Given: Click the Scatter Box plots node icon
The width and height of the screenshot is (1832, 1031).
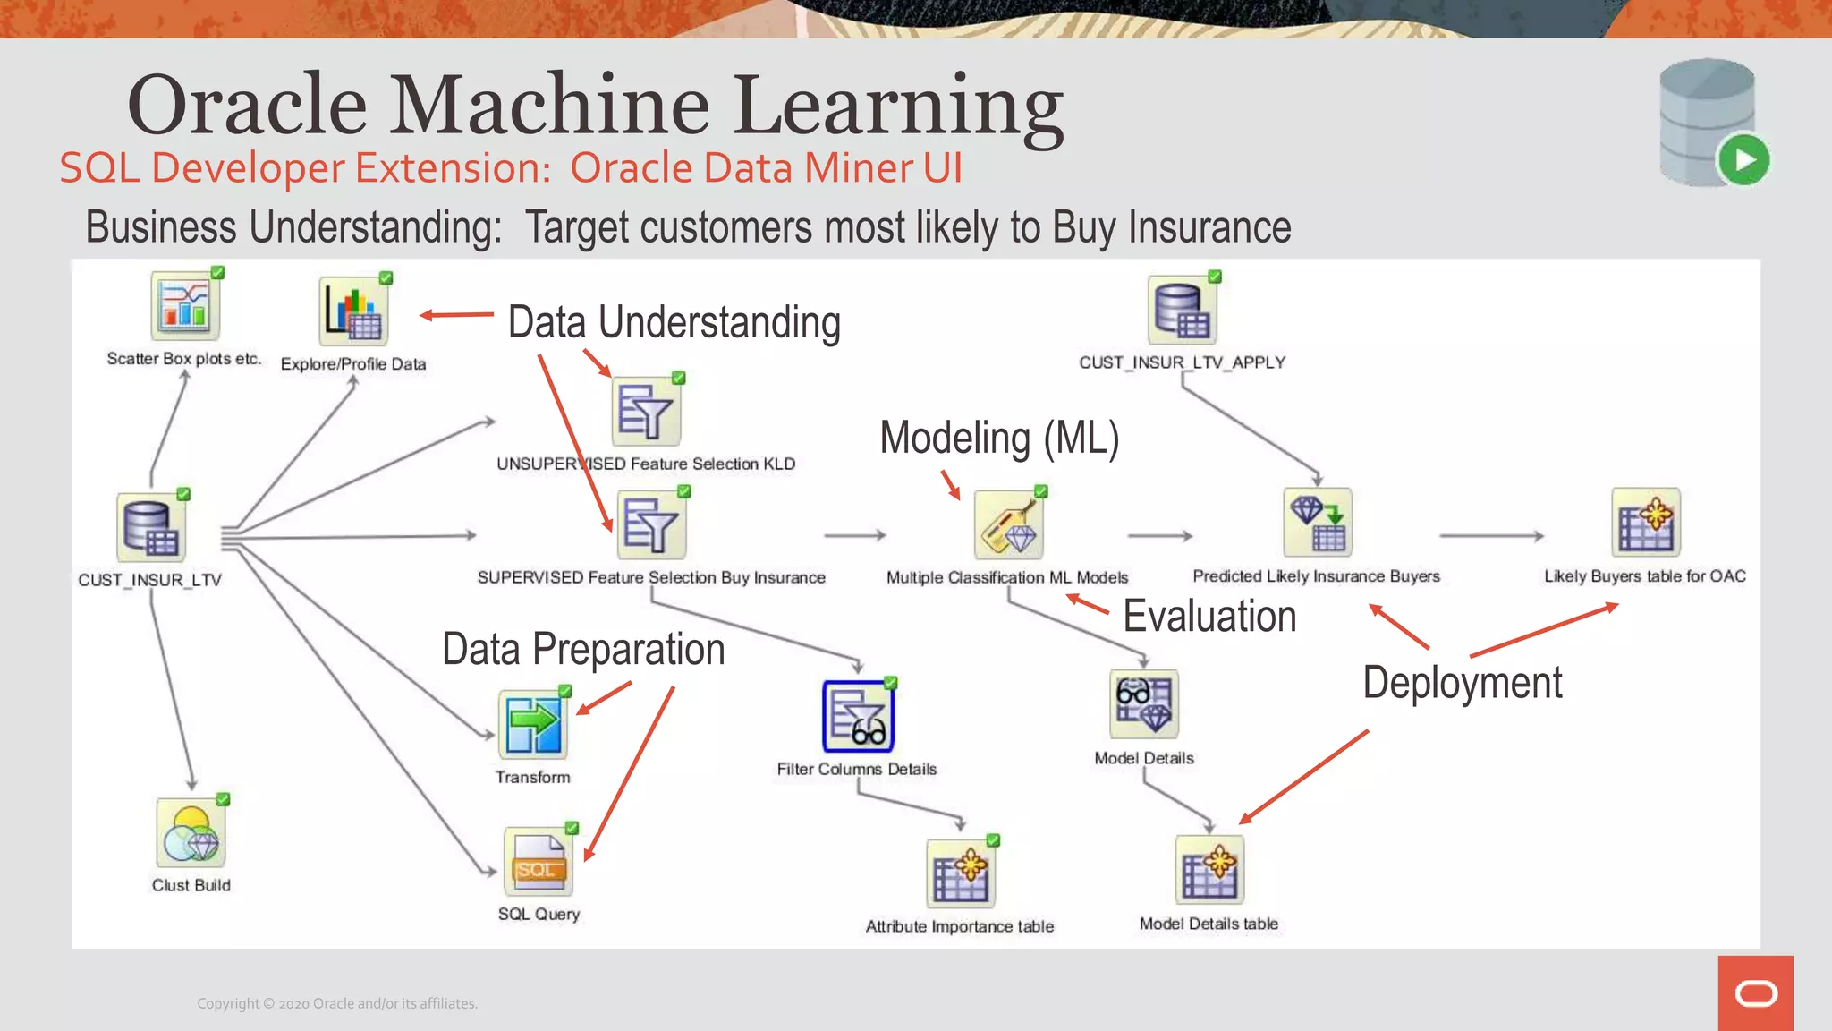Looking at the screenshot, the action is click(185, 306).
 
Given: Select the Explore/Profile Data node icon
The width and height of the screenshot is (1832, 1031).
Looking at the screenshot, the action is click(354, 311).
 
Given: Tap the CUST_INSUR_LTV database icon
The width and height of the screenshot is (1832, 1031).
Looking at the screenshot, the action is click(151, 528).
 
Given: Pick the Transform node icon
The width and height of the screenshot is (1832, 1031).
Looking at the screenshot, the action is click(533, 724).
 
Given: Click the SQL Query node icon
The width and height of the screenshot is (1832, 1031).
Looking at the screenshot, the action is click(539, 862).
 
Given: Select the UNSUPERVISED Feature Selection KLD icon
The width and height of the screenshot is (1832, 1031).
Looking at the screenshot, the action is click(646, 412).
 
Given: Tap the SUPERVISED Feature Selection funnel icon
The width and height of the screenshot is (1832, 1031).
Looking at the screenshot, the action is click(651, 525).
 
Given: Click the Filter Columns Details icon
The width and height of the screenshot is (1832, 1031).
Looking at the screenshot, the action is click(858, 717).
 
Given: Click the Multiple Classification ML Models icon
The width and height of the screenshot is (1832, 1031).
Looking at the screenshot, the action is click(1008, 525).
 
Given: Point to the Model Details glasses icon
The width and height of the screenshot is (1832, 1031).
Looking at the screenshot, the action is click(1144, 704).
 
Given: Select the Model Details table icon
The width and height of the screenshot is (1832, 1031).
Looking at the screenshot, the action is click(1209, 870).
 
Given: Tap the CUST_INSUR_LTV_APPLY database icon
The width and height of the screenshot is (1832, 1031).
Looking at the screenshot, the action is click(1182, 311).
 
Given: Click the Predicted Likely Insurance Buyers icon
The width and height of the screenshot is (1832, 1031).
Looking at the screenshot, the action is click(1318, 523).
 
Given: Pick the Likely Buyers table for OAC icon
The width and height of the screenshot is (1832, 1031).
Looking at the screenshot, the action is click(1646, 523).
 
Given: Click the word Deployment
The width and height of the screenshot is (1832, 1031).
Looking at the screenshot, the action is click(1463, 683).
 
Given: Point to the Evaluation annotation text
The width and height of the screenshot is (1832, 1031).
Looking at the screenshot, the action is click(1209, 617).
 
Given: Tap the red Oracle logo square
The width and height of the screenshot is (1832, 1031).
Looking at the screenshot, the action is click(1756, 993).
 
